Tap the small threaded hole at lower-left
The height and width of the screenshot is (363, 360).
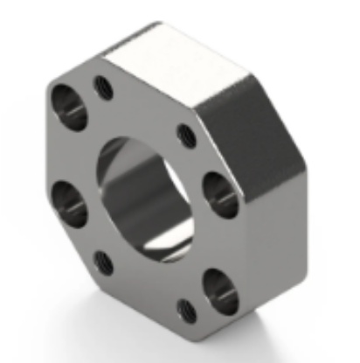pos(103,260)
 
